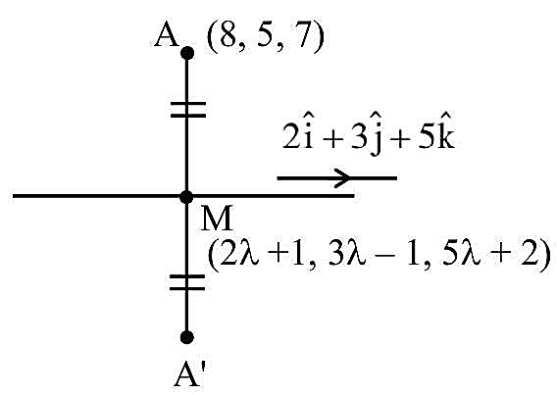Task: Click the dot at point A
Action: [187, 53]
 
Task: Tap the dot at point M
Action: [186, 197]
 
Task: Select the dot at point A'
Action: [187, 337]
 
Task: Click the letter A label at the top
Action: [166, 36]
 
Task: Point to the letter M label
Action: [217, 219]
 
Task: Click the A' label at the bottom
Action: [189, 375]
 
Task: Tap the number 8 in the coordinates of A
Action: [228, 36]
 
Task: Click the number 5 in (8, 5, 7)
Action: [266, 36]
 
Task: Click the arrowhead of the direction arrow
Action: [343, 177]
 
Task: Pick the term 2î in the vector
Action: [298, 135]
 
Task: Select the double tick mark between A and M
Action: [188, 110]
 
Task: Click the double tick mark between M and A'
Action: [187, 282]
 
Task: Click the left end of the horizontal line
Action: [13, 196]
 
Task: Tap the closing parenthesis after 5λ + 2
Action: [544, 256]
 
